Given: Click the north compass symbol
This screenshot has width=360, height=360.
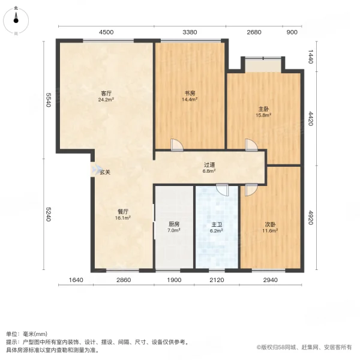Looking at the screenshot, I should [16, 20].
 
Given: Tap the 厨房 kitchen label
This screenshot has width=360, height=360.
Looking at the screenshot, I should [174, 224].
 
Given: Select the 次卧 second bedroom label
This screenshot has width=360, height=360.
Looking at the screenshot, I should [271, 224].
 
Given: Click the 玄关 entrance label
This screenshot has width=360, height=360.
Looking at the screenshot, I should [105, 172].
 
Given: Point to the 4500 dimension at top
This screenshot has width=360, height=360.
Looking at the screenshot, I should [106, 32].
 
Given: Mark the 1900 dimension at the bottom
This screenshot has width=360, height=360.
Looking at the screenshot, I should [175, 280].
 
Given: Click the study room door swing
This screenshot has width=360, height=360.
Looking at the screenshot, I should [177, 145].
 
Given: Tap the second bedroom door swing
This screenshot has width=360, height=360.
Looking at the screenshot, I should [250, 189].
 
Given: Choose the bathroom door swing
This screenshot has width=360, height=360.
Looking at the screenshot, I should [223, 189].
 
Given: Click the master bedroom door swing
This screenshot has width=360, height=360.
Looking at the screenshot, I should [250, 145].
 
